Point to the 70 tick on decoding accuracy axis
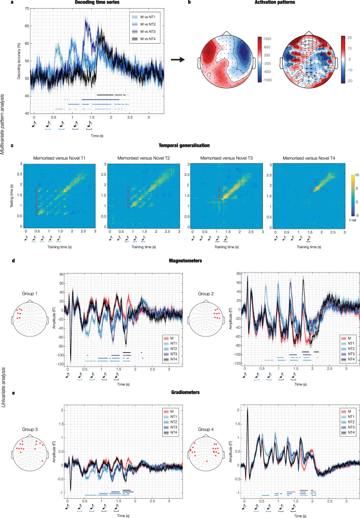[x=25, y=9]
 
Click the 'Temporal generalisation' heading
[x=180, y=145]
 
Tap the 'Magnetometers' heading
[x=180, y=260]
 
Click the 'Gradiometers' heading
[x=180, y=387]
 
